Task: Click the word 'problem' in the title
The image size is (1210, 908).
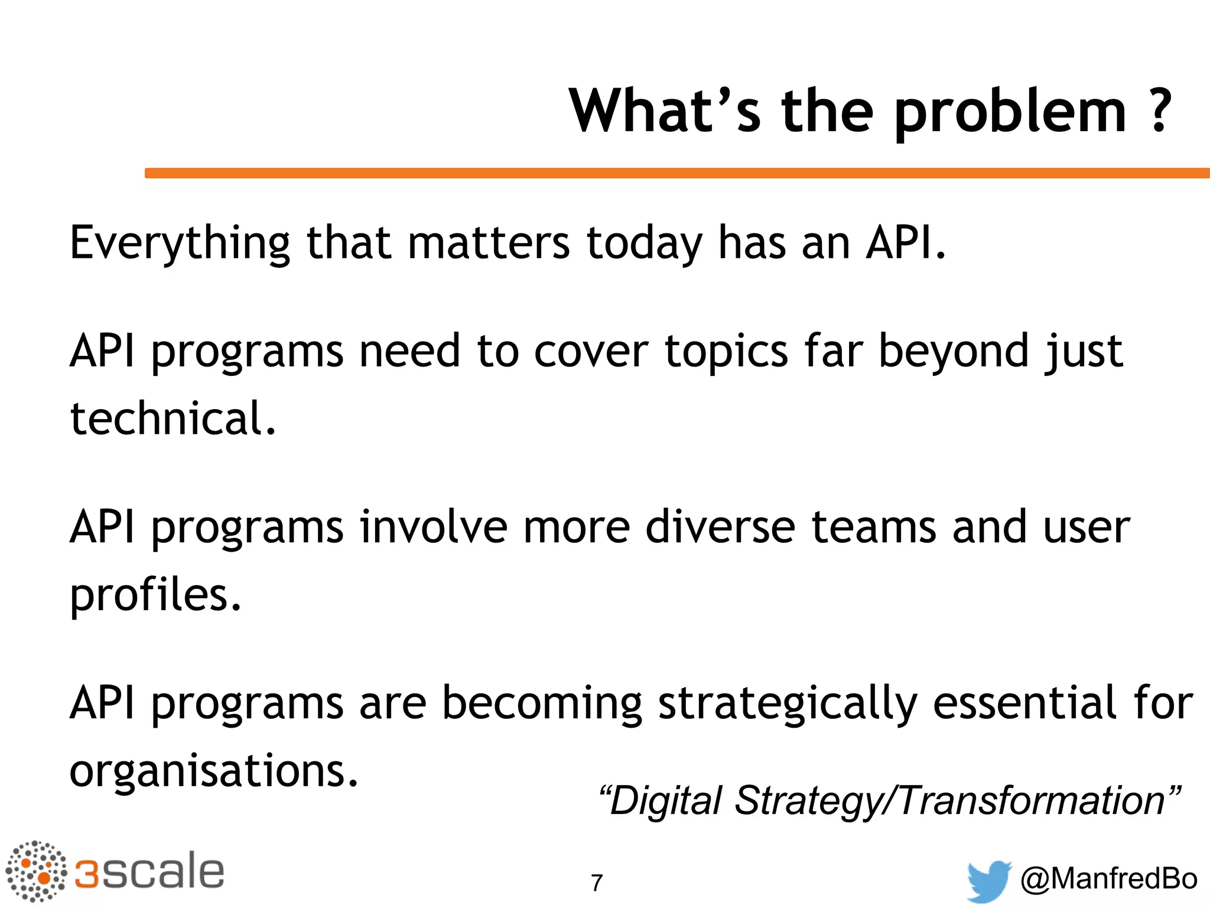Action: coord(1011,112)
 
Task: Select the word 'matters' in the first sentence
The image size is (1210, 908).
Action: coord(489,242)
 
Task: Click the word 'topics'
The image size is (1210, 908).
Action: coord(726,352)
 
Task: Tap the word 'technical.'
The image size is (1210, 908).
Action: coord(173,418)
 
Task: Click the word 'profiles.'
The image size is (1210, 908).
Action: coord(155,595)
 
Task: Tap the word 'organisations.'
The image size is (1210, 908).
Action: coord(214,771)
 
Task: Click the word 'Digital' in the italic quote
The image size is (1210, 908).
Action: coord(665,801)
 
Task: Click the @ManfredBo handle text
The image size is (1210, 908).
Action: coord(1108,878)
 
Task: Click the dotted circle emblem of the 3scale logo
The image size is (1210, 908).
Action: coord(37,871)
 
